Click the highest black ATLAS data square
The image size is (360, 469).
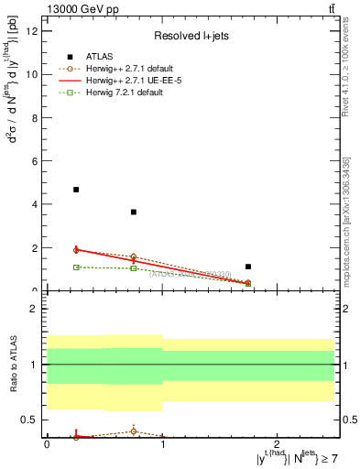click(76, 190)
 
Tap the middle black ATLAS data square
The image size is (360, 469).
click(134, 212)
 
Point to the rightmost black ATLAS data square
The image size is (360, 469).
click(248, 267)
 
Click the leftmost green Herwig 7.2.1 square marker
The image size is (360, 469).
click(76, 267)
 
